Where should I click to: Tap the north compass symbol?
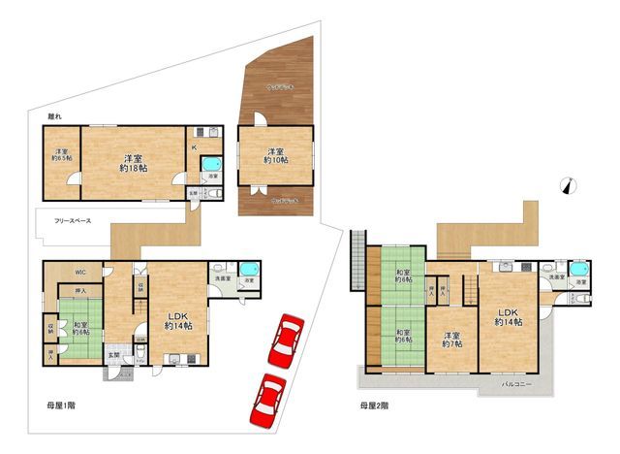(x=569, y=188)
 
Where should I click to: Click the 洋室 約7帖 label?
(x=450, y=340)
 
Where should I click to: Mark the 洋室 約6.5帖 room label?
(x=61, y=158)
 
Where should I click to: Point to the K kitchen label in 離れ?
(x=193, y=147)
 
